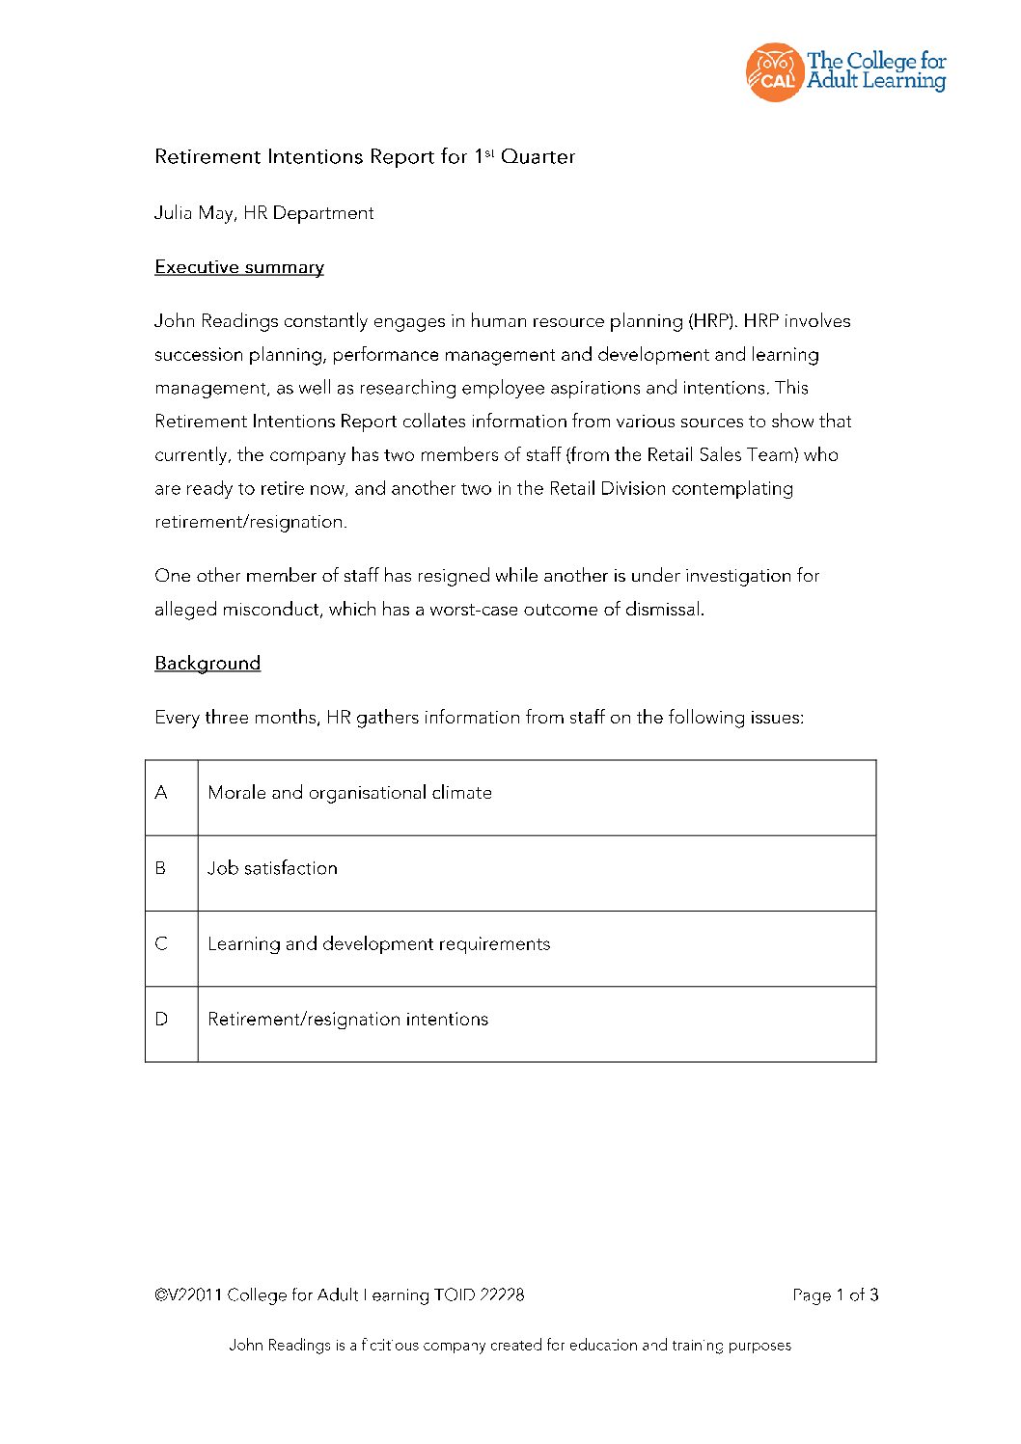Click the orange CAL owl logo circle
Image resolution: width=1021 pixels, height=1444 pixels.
pyautogui.click(x=774, y=72)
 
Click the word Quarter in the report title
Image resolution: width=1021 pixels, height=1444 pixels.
pyautogui.click(x=538, y=156)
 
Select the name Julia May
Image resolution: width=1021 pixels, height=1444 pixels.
pyautogui.click(x=194, y=213)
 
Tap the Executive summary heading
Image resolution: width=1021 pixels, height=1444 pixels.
pyautogui.click(x=239, y=267)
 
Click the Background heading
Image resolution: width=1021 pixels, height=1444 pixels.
pyautogui.click(x=207, y=664)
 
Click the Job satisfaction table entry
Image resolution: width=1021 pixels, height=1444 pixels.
pyautogui.click(x=273, y=868)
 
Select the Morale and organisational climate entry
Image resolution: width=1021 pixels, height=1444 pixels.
pyautogui.click(x=349, y=793)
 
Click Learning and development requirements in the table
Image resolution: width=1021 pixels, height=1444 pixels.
pyautogui.click(x=378, y=943)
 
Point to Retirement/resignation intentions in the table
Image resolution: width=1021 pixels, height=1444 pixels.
pyautogui.click(x=347, y=1020)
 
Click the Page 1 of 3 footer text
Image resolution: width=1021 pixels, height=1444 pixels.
pyautogui.click(x=835, y=1295)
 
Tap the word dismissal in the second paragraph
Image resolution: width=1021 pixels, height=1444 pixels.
pyautogui.click(x=664, y=610)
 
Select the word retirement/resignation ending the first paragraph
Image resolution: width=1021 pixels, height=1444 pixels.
pyautogui.click(x=249, y=522)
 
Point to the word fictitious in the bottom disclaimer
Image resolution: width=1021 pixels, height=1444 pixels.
pyautogui.click(x=390, y=1346)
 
